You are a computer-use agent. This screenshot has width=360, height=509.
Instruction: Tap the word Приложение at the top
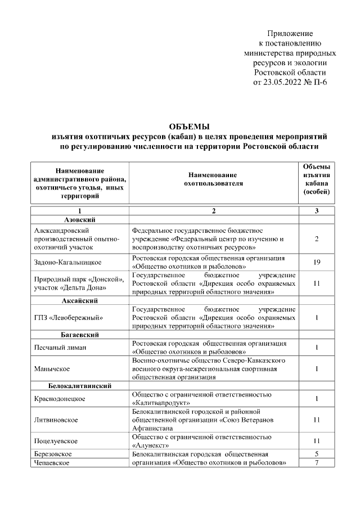click(290, 34)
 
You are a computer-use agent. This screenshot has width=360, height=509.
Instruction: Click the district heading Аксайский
click(80, 301)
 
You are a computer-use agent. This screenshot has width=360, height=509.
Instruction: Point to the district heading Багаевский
click(80, 335)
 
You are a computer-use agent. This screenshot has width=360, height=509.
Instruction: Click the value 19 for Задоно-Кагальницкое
click(317, 262)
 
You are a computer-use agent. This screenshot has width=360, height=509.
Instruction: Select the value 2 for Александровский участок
click(317, 239)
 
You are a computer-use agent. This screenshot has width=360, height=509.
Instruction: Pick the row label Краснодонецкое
click(60, 399)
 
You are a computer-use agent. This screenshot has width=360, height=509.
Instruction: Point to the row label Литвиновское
click(56, 420)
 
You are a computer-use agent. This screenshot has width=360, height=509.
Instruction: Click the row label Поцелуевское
click(56, 440)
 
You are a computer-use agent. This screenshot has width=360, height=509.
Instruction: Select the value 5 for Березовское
click(317, 453)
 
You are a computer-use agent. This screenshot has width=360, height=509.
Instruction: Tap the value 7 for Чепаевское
click(317, 462)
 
